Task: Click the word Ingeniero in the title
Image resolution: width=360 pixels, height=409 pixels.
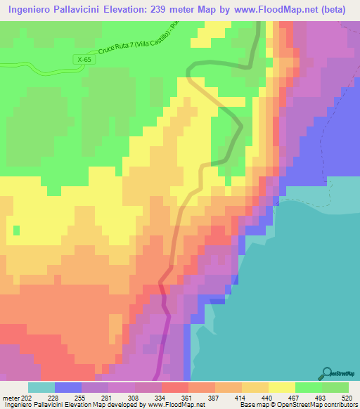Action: pyautogui.click(x=34, y=9)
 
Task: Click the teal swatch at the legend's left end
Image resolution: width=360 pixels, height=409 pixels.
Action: pyautogui.click(x=41, y=387)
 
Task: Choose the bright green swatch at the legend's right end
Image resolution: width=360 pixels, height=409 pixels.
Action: pyautogui.click(x=335, y=387)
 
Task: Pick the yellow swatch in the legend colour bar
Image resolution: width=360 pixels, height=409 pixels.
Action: pyautogui.click(x=282, y=387)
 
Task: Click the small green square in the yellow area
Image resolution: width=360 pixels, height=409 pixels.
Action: pyautogui.click(x=17, y=230)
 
